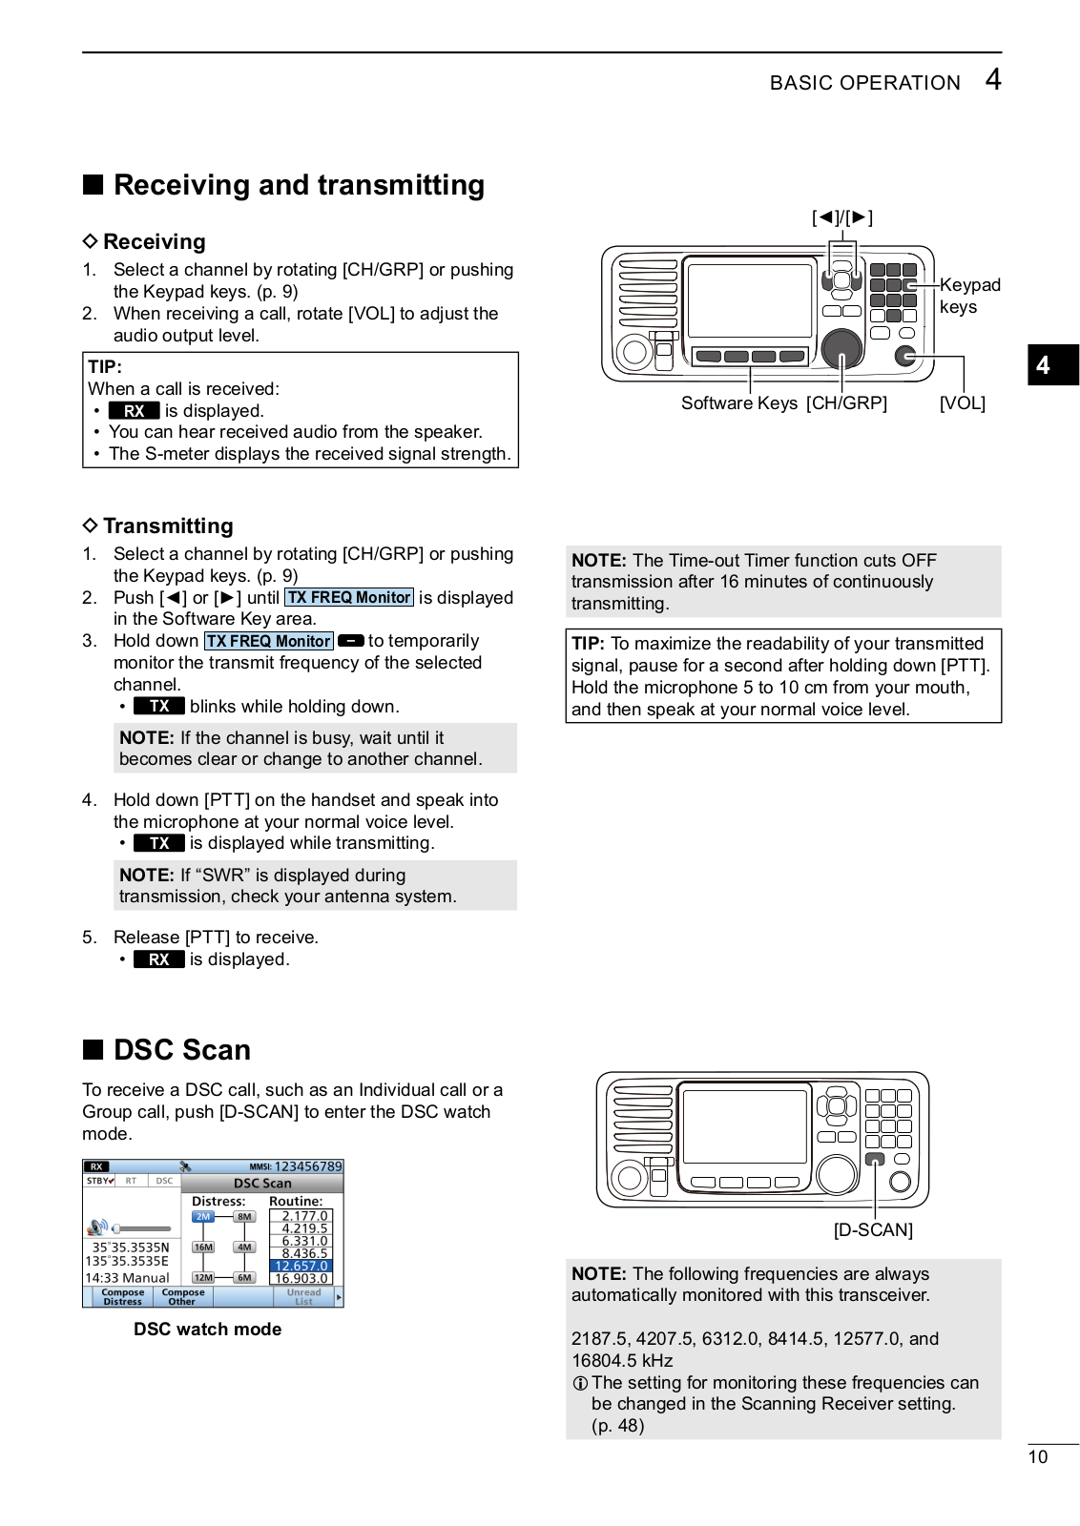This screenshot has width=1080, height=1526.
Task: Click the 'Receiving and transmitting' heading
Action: (298, 185)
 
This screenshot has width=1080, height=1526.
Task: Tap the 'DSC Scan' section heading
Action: (181, 1050)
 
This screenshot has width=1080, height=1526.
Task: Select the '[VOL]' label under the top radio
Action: (962, 403)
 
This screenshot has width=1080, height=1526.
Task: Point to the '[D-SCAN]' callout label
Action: (873, 1230)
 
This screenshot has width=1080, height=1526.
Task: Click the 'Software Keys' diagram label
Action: (738, 403)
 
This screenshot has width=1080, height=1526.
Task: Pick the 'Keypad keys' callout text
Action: (969, 296)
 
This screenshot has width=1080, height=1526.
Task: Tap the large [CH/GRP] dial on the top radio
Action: (841, 349)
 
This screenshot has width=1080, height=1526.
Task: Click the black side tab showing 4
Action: (1051, 365)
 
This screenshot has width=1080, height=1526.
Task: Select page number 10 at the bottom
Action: (1038, 1457)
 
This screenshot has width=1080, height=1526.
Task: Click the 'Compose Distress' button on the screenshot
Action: (122, 1297)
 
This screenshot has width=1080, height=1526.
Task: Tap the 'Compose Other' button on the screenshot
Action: (182, 1297)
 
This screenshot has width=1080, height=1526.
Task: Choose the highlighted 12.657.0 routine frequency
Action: (301, 1267)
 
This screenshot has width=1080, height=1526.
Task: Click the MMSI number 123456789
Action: (307, 1166)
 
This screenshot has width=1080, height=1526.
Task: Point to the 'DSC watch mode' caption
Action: (207, 1330)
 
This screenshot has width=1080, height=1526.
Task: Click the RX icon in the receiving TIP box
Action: (134, 411)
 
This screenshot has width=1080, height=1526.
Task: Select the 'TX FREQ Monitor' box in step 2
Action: (349, 598)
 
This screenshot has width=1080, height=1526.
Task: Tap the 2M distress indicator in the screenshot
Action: (203, 1217)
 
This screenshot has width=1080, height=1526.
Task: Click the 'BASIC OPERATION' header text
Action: (864, 83)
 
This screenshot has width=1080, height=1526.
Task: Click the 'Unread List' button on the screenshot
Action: (303, 1297)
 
